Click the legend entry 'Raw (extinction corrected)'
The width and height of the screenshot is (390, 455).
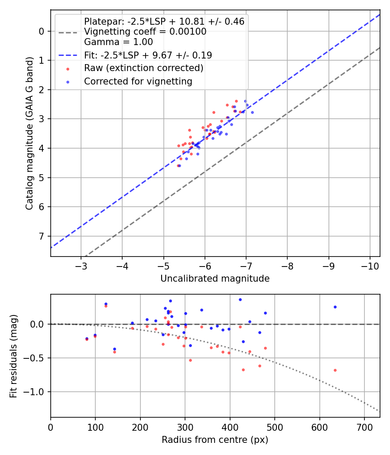click(x=143, y=68)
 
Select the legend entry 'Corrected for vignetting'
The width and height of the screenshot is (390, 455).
click(x=138, y=81)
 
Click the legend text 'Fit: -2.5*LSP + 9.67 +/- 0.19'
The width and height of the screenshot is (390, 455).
click(x=148, y=55)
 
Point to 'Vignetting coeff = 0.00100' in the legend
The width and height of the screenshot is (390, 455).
click(x=145, y=32)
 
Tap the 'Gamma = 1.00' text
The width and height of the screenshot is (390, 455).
click(x=118, y=42)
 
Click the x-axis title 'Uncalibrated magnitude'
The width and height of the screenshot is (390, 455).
click(x=215, y=279)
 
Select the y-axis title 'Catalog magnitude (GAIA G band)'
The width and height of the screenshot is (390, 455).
click(x=29, y=132)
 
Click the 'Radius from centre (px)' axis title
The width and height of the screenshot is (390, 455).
click(x=215, y=440)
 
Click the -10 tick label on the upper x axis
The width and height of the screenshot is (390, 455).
click(x=370, y=265)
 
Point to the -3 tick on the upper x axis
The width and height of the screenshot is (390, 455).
click(x=81, y=265)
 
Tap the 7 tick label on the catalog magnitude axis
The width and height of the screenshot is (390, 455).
click(x=42, y=236)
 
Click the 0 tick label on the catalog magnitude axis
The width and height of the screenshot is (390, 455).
click(x=42, y=31)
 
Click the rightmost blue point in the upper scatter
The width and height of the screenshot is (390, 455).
click(x=252, y=112)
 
